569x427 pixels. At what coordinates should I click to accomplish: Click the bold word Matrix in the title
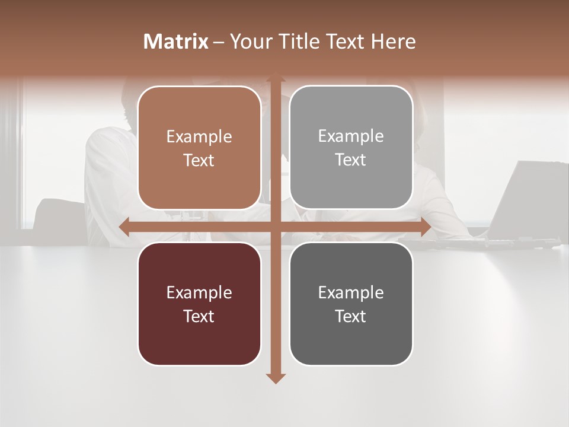coord(176,42)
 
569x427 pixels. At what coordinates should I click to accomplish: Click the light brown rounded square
coord(199,148)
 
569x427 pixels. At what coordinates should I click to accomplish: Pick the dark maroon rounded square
coord(199,304)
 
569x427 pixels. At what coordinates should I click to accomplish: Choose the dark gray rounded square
coord(351,304)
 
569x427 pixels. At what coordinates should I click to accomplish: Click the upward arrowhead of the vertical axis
coord(275,79)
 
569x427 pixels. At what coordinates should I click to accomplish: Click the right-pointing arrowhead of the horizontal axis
coord(425,227)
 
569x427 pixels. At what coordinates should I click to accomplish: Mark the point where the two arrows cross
coord(275,227)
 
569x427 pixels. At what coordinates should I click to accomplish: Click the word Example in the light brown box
coord(199,137)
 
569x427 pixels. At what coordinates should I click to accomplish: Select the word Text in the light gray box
coord(351,160)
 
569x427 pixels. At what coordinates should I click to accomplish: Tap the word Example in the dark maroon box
coord(199,293)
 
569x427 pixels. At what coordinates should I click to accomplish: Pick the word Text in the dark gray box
coord(351,316)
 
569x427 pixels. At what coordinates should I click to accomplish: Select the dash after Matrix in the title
coord(219,42)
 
